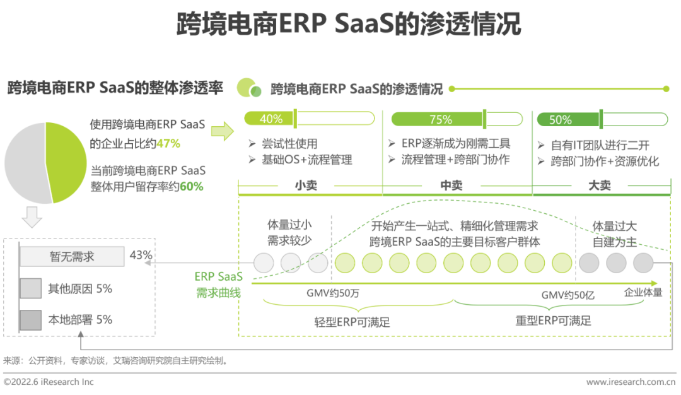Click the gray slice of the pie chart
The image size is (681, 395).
pos(25,163)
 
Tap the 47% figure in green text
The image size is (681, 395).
pos(168,144)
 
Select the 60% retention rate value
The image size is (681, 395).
pos(192,187)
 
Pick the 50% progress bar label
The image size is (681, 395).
pos(561,119)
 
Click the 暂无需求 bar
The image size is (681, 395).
pos(72,257)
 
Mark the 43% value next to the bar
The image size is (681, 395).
pos(141,255)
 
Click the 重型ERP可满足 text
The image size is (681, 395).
pos(553,321)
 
